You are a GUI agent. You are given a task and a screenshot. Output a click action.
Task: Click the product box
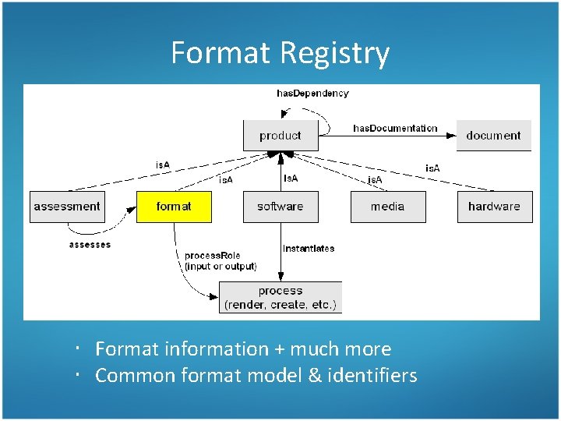(x=280, y=136)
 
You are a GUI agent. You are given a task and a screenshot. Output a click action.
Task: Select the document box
(x=493, y=136)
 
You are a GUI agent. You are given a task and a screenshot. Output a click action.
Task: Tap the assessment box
(x=67, y=207)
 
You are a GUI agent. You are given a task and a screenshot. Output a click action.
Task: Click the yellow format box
(x=173, y=207)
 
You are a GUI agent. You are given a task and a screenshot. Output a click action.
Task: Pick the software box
(x=280, y=207)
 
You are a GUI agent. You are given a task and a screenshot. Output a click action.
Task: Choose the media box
(x=387, y=207)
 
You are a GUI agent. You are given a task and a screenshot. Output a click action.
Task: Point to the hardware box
(x=494, y=207)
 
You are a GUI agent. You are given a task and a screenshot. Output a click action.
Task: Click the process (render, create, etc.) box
(x=280, y=298)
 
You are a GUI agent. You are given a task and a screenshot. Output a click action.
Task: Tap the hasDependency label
(x=312, y=94)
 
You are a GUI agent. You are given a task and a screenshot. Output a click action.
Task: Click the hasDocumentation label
(x=395, y=128)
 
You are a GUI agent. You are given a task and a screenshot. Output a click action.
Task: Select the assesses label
(x=90, y=245)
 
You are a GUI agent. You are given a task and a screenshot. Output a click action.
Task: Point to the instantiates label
(x=309, y=249)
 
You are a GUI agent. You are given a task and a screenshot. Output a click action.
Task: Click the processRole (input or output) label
(x=220, y=261)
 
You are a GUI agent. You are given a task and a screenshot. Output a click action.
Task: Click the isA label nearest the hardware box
(x=432, y=168)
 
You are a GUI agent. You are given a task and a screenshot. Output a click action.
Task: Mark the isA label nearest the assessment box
(x=163, y=165)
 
